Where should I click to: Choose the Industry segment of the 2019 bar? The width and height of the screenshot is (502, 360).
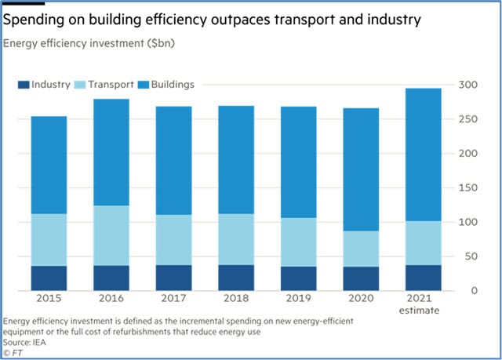[x=299, y=278]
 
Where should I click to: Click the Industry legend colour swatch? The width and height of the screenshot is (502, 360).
[x=24, y=84]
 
